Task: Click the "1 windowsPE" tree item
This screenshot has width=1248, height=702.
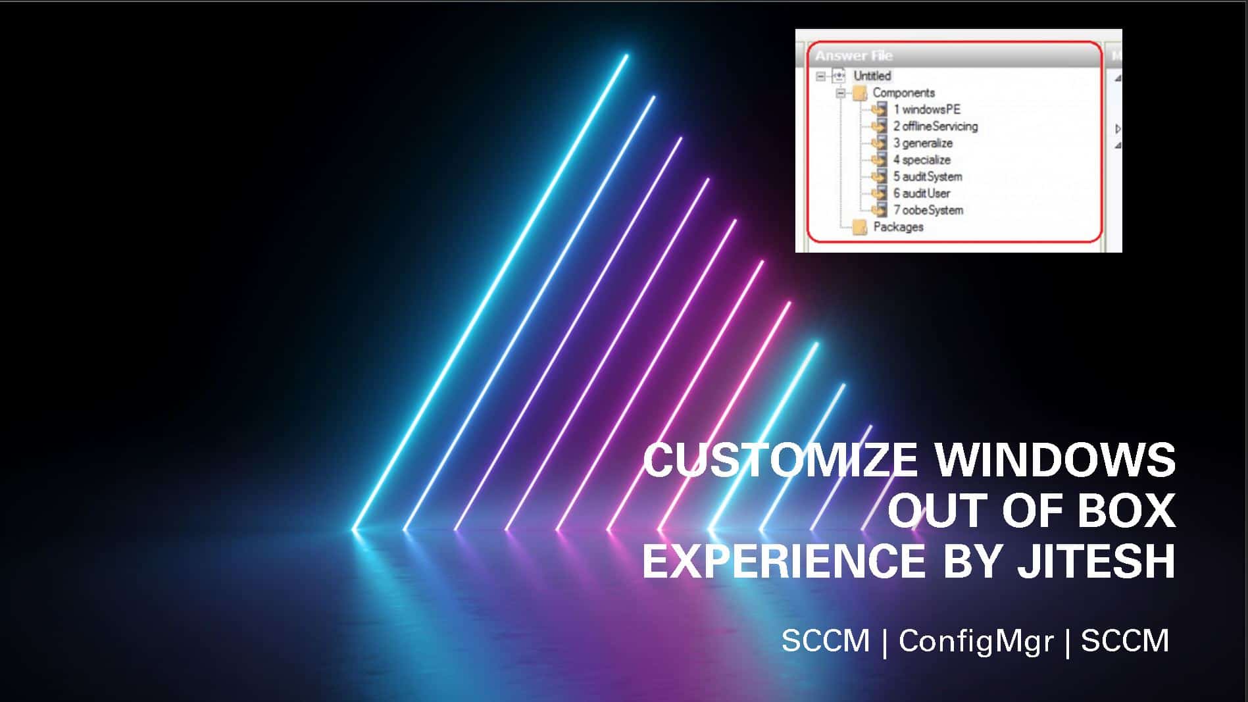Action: [926, 109]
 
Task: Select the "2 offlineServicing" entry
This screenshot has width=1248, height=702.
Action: [935, 126]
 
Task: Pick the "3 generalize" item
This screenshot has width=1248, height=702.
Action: [922, 143]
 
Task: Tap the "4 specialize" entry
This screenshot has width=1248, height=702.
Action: [922, 160]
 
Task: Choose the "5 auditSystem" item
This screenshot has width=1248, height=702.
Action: [927, 176]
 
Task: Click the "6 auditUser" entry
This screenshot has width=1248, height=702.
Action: [921, 193]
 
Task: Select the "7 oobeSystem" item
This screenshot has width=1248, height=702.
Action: [928, 210]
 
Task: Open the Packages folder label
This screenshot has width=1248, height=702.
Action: [898, 227]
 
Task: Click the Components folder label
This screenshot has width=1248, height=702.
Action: [903, 93]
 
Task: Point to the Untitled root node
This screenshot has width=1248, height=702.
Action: [872, 76]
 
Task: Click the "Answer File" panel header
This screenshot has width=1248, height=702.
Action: [854, 56]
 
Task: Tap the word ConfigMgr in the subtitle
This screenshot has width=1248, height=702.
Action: [976, 641]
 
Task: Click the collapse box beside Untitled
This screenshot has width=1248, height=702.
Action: [821, 76]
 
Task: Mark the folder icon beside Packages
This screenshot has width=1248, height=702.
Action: [859, 228]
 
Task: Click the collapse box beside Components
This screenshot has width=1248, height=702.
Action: [840, 93]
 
